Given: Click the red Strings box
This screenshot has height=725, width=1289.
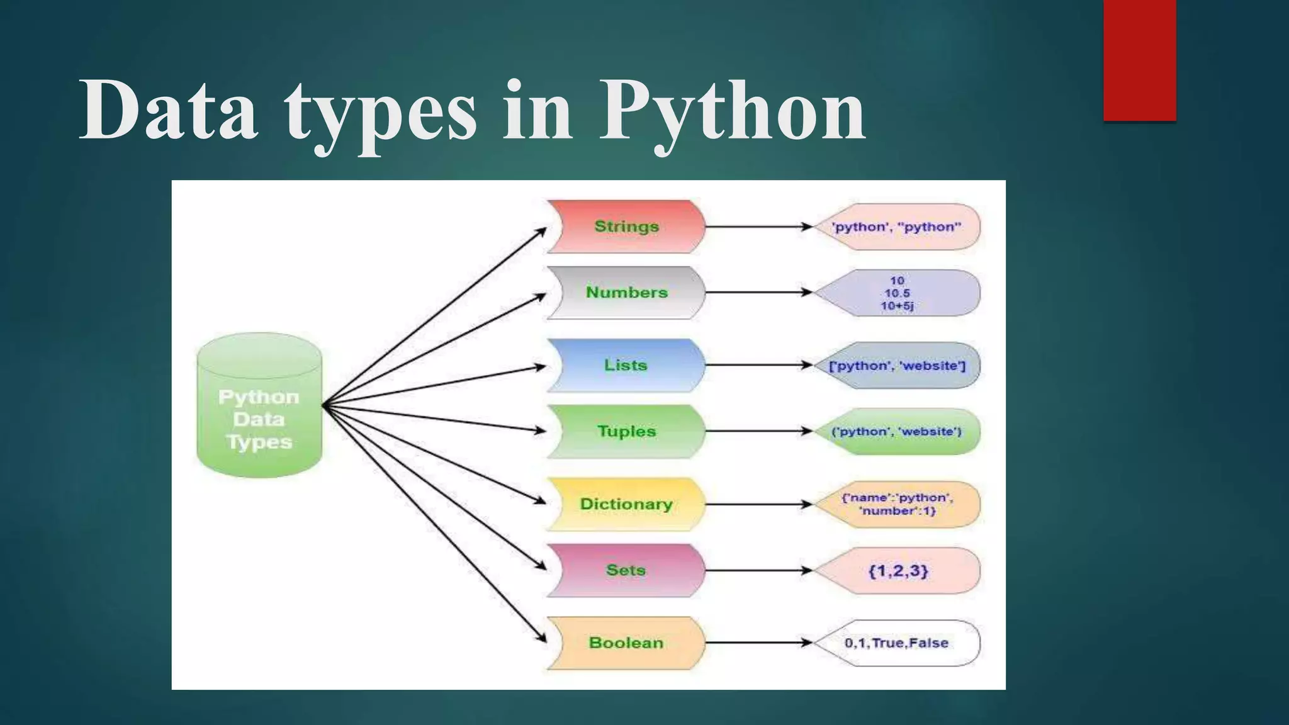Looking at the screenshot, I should [x=626, y=227].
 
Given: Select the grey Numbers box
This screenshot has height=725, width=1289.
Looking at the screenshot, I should [x=626, y=293].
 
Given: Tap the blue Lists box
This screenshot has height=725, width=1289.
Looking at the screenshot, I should [x=626, y=365].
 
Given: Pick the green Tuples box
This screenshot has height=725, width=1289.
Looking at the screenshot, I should [x=626, y=431].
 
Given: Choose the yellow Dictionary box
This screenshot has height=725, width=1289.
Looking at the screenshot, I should [x=626, y=504].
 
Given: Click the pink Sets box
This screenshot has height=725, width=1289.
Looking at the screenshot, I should [x=626, y=570].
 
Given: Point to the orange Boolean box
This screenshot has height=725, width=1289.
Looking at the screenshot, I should [x=626, y=643].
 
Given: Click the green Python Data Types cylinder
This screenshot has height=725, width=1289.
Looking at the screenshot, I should [x=259, y=406].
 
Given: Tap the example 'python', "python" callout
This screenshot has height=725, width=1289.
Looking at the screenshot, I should [x=898, y=227].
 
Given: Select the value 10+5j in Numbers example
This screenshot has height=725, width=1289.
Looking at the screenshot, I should [x=897, y=306].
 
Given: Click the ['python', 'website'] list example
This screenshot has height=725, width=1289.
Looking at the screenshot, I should [x=898, y=365].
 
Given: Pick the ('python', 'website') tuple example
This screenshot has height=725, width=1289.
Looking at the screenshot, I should [x=898, y=431].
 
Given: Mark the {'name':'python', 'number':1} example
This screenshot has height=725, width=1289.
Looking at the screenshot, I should [x=898, y=504].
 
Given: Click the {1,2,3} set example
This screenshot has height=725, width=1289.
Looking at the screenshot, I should [x=898, y=570].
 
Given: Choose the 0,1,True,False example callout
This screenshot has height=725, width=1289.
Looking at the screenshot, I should [x=898, y=643].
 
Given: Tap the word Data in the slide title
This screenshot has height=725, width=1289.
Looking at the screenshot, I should [x=169, y=110].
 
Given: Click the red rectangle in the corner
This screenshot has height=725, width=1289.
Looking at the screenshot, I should [x=1139, y=60].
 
